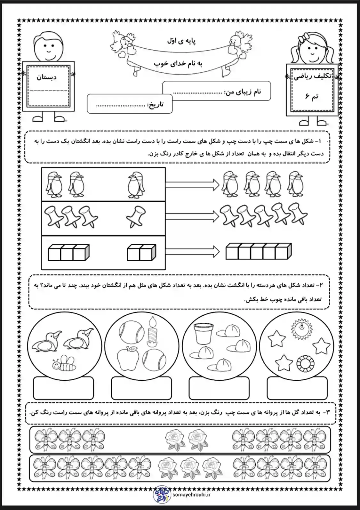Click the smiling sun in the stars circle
[301, 328]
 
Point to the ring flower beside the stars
[305, 363]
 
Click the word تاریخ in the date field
[156, 105]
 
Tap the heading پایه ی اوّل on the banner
[181, 41]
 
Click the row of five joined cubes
[259, 251]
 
